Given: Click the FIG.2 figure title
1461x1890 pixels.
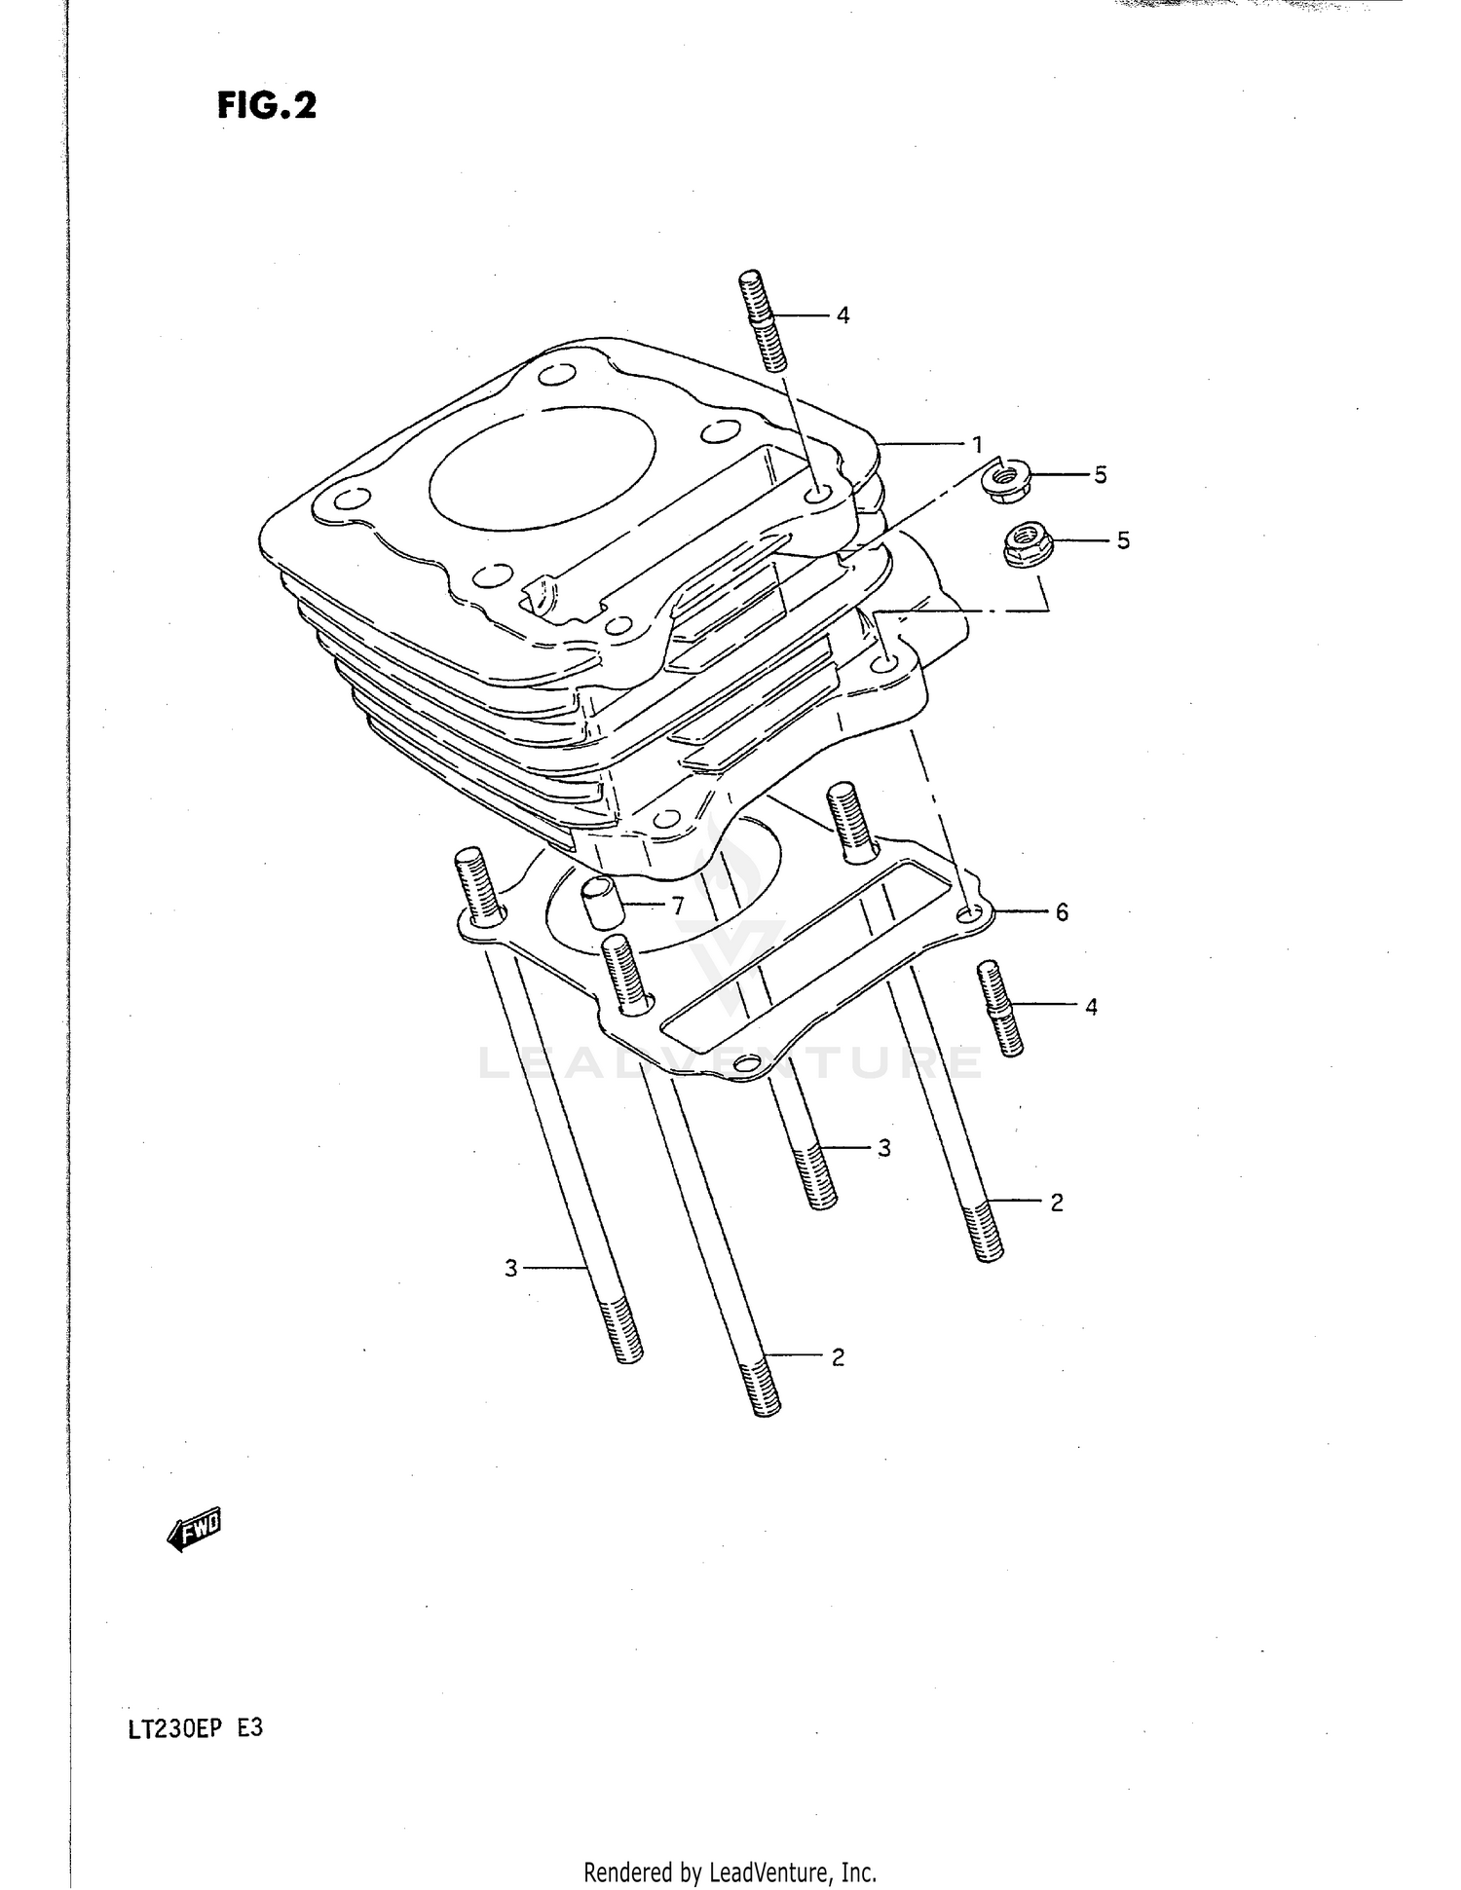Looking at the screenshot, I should (x=267, y=105).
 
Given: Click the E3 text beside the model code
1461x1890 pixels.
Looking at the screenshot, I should (x=249, y=1728).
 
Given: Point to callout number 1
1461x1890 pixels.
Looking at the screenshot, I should (x=977, y=445).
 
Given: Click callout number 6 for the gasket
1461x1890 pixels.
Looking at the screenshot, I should (x=1062, y=912).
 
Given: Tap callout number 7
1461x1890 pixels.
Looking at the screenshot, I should (x=676, y=906).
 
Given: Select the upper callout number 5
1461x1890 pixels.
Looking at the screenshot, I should (x=1100, y=475).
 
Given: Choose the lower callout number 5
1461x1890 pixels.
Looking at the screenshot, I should (x=1123, y=540).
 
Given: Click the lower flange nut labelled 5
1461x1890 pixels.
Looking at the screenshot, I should (x=1023, y=545).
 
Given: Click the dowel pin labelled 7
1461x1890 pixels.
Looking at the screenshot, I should (x=598, y=903).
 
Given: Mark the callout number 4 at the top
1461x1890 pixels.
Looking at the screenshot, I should (x=843, y=315).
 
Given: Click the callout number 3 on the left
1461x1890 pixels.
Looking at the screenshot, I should (x=511, y=1268).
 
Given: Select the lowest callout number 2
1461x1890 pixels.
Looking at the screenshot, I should (x=838, y=1356).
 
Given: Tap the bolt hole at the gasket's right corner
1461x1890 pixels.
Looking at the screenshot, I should (x=968, y=915).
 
